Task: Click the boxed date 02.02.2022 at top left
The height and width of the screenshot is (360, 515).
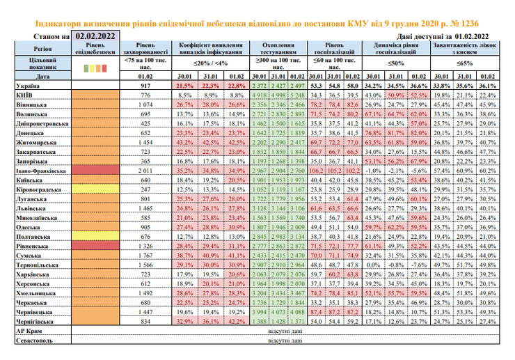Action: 96,35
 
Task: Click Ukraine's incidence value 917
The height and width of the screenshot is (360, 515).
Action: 146,84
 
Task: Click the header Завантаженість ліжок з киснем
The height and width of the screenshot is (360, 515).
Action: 464,49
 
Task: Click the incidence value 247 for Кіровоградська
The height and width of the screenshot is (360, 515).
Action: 146,188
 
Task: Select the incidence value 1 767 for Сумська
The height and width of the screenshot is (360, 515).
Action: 146,256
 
